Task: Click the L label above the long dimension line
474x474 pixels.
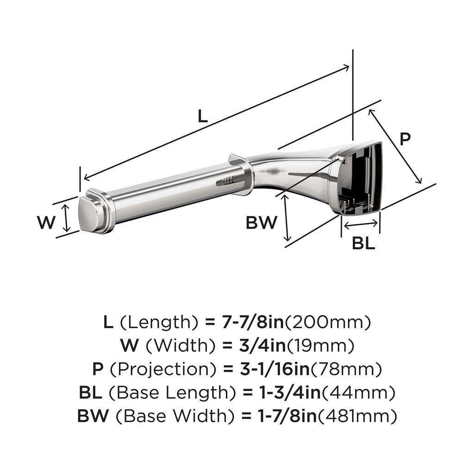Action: pos(202,115)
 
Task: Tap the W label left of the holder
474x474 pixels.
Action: pos(46,223)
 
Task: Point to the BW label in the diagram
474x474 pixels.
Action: pos(261,223)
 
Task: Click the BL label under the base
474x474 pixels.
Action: pos(363,243)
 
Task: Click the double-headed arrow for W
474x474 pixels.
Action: pos(67,218)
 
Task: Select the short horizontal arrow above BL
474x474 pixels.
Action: pos(361,225)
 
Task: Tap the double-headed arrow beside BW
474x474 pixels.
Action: pos(287,218)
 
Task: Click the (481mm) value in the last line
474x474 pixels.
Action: pos(356,416)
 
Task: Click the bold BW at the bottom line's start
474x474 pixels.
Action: pos(93,416)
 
